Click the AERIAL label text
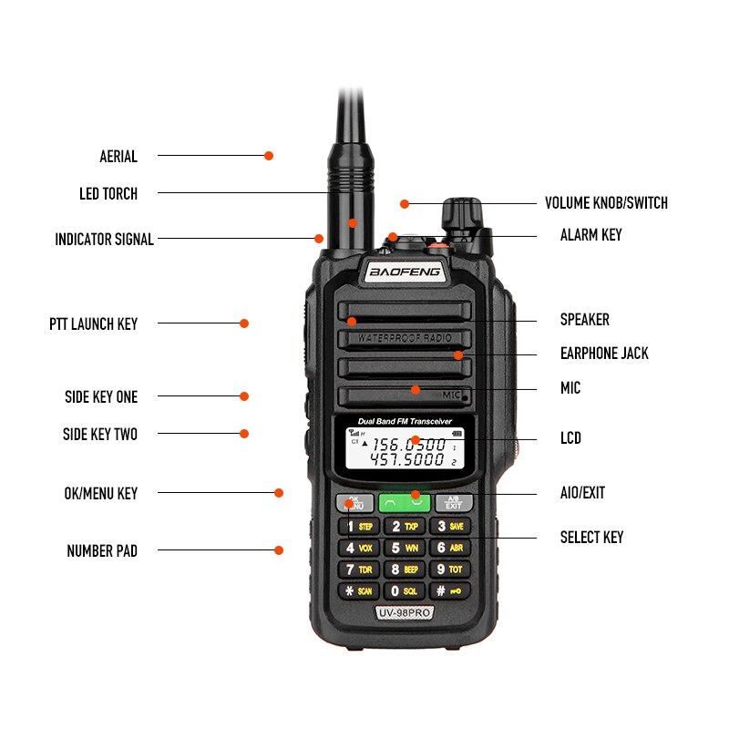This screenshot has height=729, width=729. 118,157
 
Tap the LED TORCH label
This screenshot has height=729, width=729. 108,194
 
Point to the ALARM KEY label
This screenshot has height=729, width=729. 590,235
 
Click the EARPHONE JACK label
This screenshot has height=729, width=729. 604,354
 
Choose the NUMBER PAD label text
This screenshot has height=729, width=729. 102,551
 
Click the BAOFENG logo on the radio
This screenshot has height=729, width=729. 405,272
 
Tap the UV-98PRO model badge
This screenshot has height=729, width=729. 404,613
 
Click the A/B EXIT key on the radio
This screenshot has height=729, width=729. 453,503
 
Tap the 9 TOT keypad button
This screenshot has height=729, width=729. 450,570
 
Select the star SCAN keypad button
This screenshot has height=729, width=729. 357,590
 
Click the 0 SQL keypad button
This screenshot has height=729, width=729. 404,590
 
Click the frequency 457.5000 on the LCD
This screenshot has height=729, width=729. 407,461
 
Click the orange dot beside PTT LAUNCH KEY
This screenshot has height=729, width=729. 244,323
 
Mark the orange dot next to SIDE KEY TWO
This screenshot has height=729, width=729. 244,434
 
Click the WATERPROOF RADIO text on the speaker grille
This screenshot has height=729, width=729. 404,338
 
